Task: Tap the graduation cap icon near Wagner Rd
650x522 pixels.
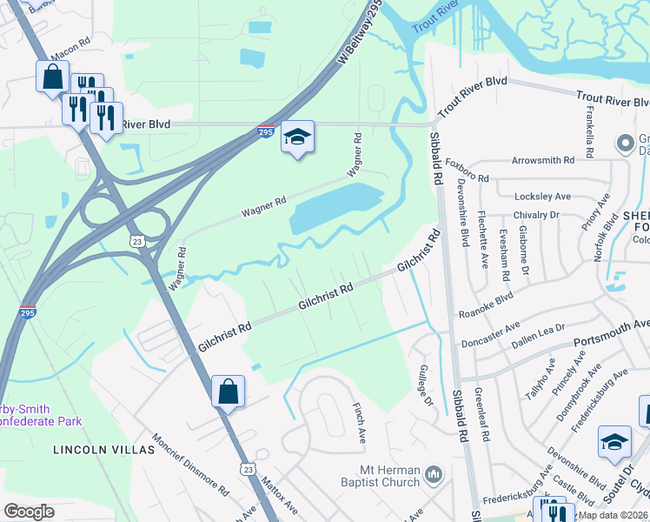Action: pyautogui.click(x=297, y=137)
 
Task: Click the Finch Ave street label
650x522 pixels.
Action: pyautogui.click(x=358, y=420)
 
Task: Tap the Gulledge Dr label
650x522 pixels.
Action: pyautogui.click(x=426, y=386)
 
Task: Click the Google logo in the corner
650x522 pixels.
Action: pyautogui.click(x=30, y=511)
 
